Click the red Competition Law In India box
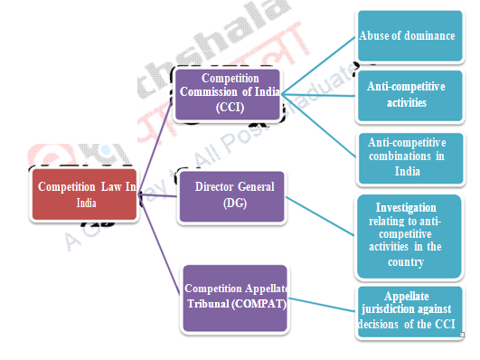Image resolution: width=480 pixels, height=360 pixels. point(85,194)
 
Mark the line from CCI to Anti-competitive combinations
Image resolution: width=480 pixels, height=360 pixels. point(318,123)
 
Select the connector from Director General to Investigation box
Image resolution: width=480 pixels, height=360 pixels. point(321,215)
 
